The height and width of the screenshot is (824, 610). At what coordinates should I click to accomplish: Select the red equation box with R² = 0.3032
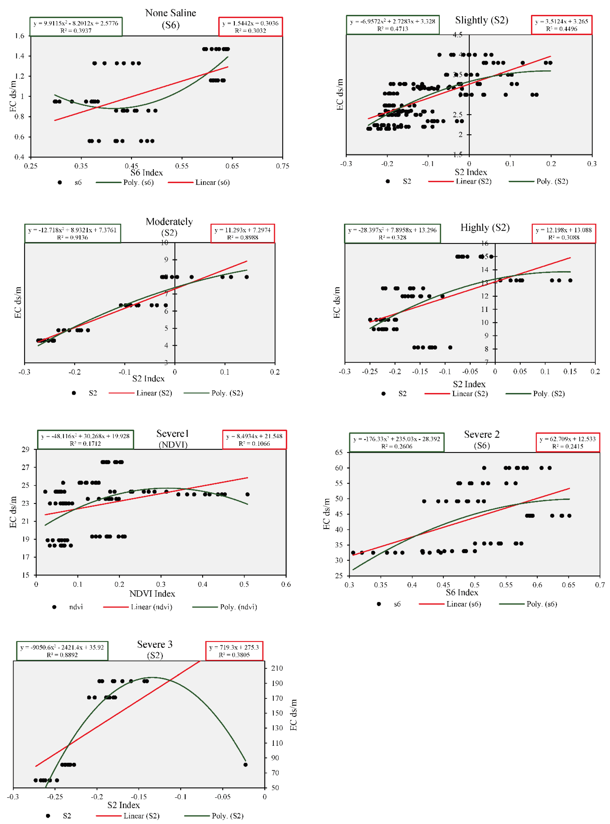[250, 27]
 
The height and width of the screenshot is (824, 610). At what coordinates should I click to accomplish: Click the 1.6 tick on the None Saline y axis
[20, 36]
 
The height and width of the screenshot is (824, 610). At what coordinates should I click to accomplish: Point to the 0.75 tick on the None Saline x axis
[283, 166]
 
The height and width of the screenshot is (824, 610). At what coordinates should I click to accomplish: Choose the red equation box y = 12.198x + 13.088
[563, 234]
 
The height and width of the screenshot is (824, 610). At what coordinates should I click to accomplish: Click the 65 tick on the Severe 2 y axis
[339, 452]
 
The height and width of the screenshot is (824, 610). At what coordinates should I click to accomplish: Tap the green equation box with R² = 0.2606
[396, 442]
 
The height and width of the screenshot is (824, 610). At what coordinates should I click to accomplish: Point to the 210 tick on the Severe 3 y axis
[277, 668]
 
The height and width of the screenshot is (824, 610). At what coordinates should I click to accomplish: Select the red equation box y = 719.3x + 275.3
[234, 651]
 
